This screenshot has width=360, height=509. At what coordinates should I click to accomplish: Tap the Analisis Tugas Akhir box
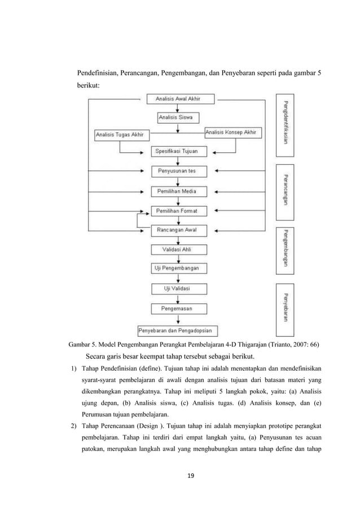(x=118, y=134)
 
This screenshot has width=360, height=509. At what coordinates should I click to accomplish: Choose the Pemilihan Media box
(x=178, y=191)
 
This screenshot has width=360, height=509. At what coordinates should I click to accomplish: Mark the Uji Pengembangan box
(x=178, y=269)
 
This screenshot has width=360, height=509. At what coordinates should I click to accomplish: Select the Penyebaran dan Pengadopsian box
(x=179, y=330)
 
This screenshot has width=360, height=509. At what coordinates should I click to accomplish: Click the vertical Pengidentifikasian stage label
(x=285, y=126)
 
